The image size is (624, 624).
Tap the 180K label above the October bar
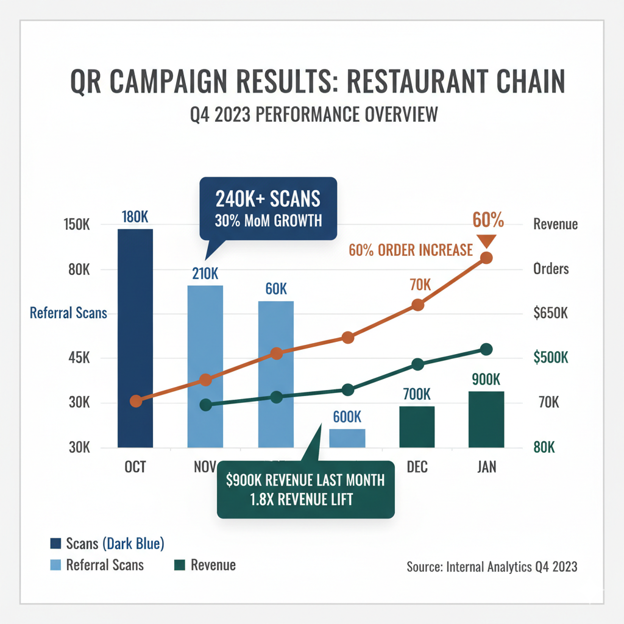[x=135, y=217]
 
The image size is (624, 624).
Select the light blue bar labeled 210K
[x=205, y=366]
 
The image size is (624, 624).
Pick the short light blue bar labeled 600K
[x=347, y=438]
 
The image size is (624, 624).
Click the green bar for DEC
[x=417, y=427]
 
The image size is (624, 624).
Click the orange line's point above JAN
[x=487, y=258]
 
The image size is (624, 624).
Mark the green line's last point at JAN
[x=486, y=349]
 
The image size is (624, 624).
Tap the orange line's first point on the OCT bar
[x=136, y=401]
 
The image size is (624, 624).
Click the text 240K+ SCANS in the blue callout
[x=268, y=199]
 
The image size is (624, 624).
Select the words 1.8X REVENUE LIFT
[x=305, y=500]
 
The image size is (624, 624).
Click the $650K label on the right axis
[x=551, y=314]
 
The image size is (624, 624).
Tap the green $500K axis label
[x=551, y=358]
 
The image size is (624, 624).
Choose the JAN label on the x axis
[x=487, y=467]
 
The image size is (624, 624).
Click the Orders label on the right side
[x=551, y=269]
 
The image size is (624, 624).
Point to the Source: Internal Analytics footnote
[x=492, y=567]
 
